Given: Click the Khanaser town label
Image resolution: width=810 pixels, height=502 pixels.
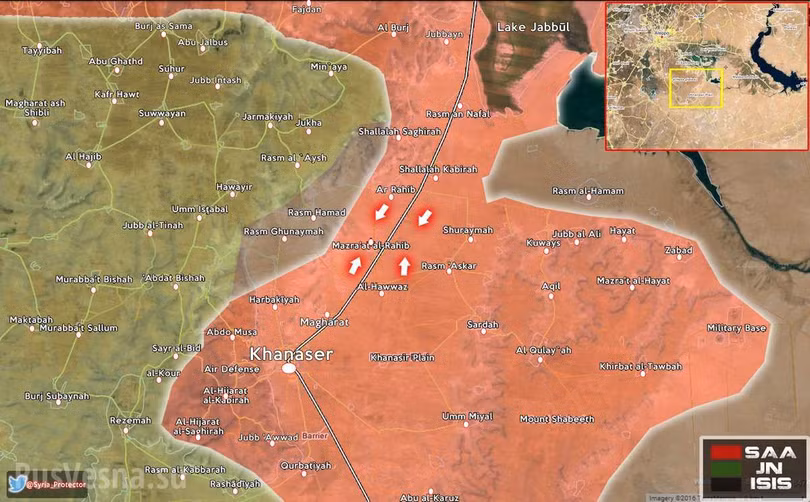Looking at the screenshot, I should point(290,353).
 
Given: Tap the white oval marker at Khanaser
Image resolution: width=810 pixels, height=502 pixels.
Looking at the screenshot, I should point(289,369).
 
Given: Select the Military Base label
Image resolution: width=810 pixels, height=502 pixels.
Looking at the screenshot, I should point(736,328).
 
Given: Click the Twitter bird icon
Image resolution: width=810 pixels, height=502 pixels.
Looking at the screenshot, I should point(17,485).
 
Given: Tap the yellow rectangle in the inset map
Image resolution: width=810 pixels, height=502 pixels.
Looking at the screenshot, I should point(695,87).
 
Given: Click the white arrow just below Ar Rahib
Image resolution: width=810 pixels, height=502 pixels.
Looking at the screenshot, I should point(380,212).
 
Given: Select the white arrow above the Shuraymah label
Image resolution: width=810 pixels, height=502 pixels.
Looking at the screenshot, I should point(424,217).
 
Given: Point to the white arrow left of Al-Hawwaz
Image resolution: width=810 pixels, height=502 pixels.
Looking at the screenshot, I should point(355,265).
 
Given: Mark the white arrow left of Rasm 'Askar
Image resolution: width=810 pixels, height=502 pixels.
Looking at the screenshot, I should point(404,265).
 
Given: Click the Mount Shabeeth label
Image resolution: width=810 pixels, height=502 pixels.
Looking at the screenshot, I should point(557,418).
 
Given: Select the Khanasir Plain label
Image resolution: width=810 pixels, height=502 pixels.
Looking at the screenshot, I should point(402,357).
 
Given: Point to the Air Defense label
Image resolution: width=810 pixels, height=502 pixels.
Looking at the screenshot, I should point(231,369).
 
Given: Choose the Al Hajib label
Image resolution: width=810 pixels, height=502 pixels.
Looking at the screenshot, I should point(84,157).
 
